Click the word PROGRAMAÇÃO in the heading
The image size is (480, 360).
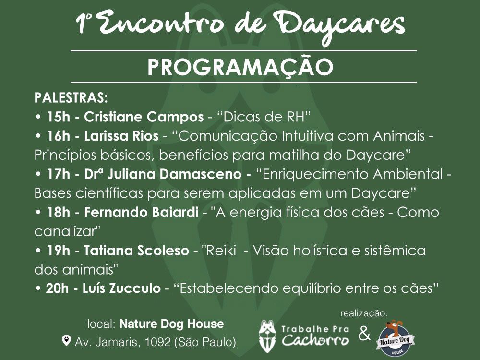tap(240, 67)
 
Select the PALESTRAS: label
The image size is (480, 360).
tap(71, 98)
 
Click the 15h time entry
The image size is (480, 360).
tap(59, 117)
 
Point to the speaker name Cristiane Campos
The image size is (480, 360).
tap(144, 117)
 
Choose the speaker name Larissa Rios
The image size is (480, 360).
tap(121, 136)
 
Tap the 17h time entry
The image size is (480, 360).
tap(59, 174)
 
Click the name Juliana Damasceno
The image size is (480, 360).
tap(174, 174)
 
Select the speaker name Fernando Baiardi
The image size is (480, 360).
tap(141, 212)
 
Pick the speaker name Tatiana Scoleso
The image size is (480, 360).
tap(136, 251)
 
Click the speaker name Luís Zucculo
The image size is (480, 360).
tap(121, 288)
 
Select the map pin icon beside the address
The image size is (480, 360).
tap(66, 340)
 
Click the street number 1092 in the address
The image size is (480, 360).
tap(157, 342)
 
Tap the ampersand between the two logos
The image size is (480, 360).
tap(364, 334)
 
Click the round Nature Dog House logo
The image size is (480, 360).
tap(395, 338)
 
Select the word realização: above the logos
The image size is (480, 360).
tap(364, 313)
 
